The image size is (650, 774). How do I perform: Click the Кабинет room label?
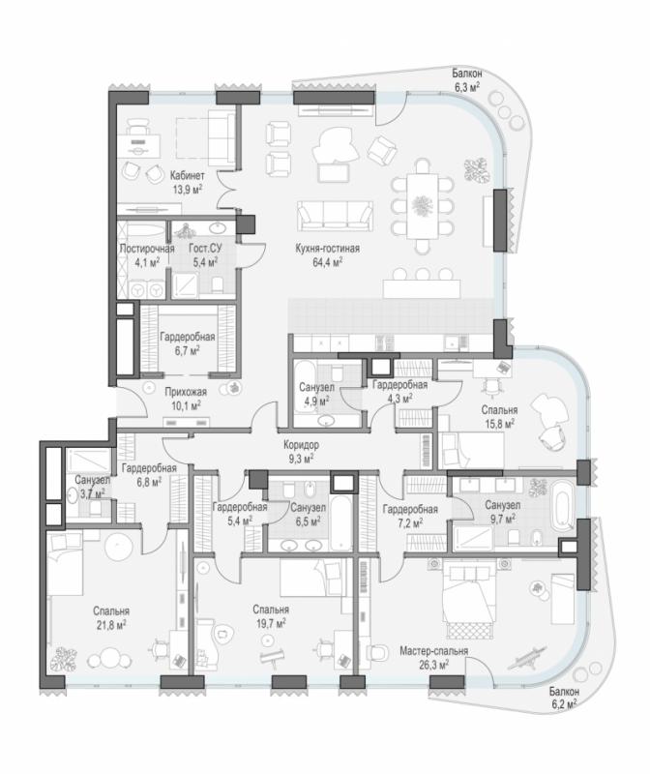[187, 175]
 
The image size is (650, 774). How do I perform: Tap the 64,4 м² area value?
[327, 262]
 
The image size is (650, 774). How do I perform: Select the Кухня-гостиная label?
[327, 249]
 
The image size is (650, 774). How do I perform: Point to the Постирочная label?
[147, 249]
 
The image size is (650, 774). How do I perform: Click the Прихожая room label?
[186, 392]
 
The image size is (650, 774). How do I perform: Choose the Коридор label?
[301, 445]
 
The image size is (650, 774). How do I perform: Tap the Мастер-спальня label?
[434, 651]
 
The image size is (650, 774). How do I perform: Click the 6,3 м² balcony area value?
[466, 87]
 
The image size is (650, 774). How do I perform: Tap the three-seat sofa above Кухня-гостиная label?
[335, 216]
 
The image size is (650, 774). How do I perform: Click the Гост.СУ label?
[205, 249]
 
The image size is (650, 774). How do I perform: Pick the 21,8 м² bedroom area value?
[111, 625]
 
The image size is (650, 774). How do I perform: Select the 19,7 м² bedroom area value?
[271, 623]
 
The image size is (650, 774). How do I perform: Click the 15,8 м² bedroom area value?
[499, 424]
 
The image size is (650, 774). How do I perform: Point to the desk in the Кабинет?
[138, 146]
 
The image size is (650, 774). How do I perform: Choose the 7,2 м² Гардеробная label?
[410, 516]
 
